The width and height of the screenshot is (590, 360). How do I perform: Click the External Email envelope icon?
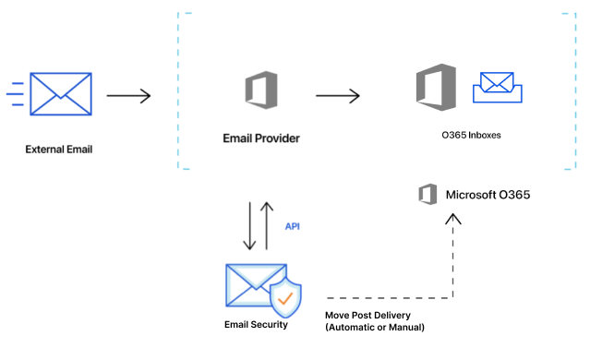[x=61, y=94]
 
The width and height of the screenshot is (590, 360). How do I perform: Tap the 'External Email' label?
[x=59, y=149]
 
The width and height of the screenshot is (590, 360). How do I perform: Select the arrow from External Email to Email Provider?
[x=128, y=94]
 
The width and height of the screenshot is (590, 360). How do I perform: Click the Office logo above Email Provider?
[x=260, y=92]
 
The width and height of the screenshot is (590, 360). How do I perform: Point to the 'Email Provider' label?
[x=261, y=138]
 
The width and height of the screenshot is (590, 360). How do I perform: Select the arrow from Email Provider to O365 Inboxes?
[x=337, y=94]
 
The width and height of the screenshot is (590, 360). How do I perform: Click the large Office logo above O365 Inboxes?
[x=436, y=88]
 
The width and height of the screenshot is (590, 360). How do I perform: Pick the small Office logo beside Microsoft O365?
[x=427, y=195]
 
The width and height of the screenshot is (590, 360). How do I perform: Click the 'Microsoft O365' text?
[x=488, y=195]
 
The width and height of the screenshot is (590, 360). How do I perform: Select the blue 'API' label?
[x=293, y=225]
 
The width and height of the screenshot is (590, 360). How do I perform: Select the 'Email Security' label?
[x=256, y=325]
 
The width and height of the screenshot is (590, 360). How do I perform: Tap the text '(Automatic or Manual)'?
[x=375, y=328]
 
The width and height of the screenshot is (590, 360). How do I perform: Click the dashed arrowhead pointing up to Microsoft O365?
[x=452, y=221]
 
